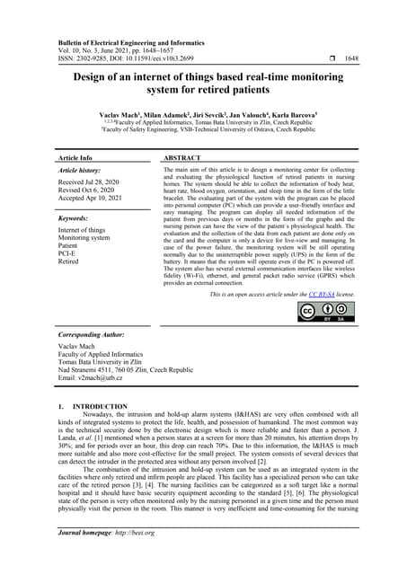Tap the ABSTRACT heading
pos(188,157)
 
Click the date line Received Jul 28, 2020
pos(92,182)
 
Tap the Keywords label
pos(74,218)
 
